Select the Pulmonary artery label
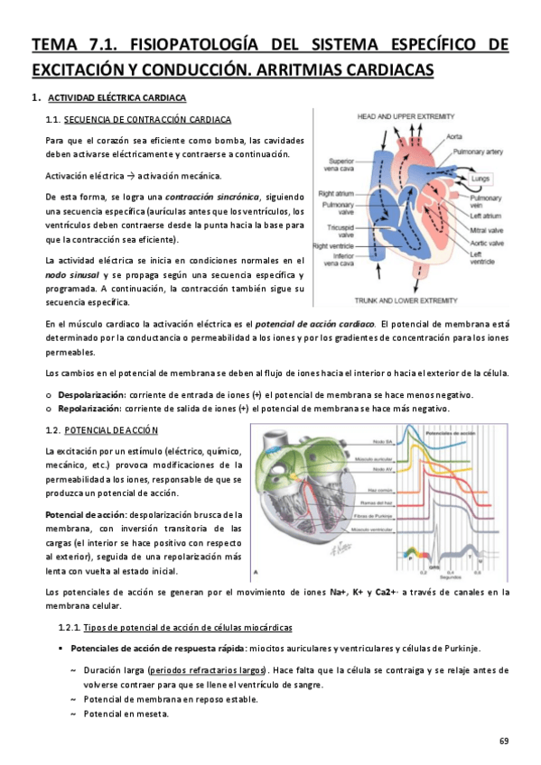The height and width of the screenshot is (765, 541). (476, 152)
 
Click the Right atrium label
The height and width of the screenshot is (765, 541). (331, 194)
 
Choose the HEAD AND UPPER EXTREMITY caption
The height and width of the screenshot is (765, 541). (403, 117)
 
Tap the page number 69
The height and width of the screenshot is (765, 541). (503, 742)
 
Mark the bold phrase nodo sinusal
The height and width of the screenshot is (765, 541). (70, 274)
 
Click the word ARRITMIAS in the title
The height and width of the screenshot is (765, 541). (303, 69)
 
